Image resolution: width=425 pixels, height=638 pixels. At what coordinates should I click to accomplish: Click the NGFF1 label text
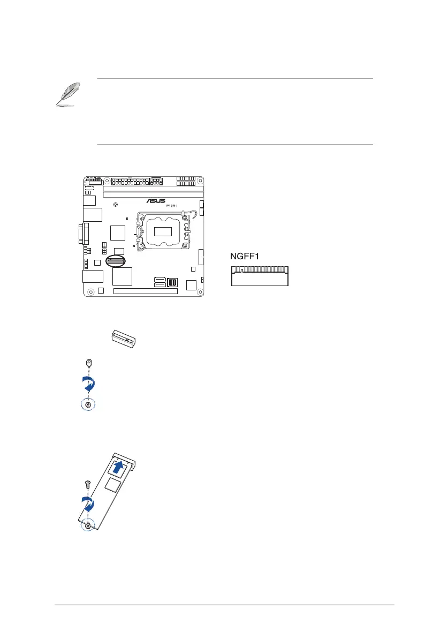click(245, 257)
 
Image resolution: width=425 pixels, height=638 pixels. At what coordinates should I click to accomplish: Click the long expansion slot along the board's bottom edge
click(145, 292)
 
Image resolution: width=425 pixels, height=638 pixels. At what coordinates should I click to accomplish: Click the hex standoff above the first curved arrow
click(89, 363)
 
